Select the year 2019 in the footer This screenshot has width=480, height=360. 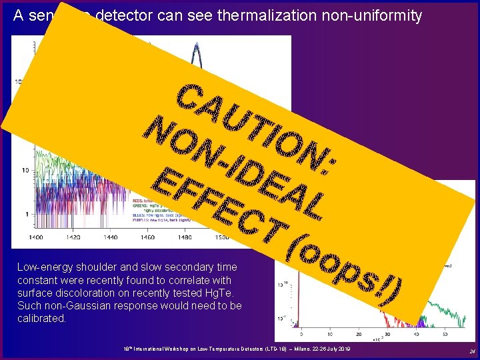(343, 350)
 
